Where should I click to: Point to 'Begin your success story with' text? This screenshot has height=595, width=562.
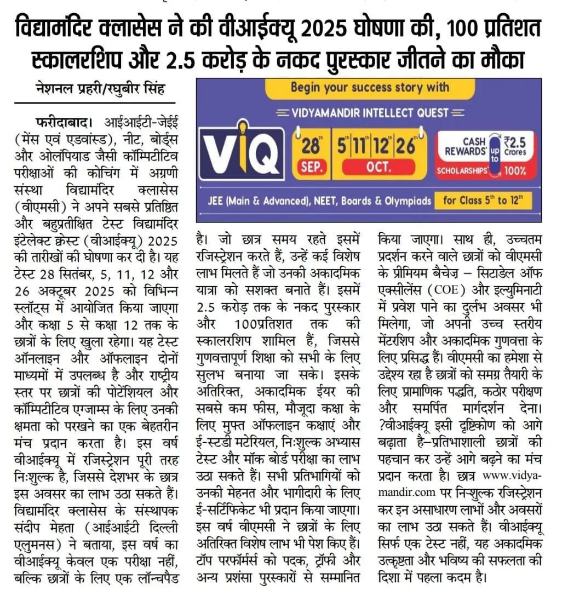point(370,87)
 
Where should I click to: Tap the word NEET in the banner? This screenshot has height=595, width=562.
point(324,201)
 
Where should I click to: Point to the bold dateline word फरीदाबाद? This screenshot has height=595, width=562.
point(55,120)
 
